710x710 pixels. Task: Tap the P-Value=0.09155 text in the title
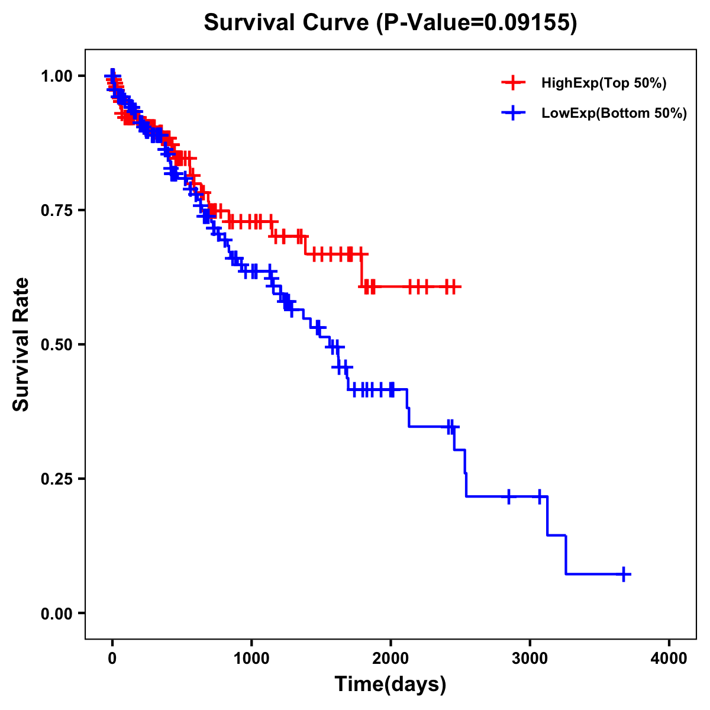477,23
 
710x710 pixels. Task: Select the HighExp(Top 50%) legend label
604,83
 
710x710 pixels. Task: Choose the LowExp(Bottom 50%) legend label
614,114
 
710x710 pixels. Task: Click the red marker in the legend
513,83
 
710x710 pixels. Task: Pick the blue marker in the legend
513,113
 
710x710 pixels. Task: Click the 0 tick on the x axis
112,659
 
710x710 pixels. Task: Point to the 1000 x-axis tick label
251,659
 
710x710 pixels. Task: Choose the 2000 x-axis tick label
390,659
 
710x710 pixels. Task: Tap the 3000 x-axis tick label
530,659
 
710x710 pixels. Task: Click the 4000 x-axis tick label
669,659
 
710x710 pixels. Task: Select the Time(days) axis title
390,685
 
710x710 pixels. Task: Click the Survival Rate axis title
21,344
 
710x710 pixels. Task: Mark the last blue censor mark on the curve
624,574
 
